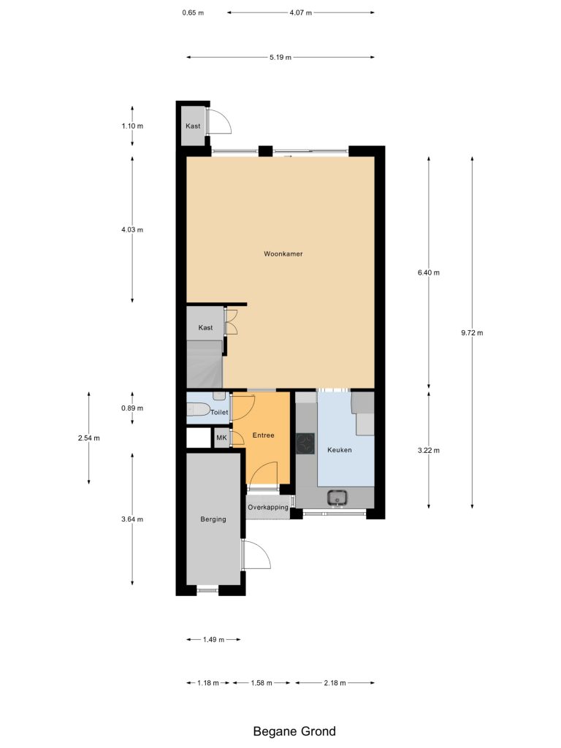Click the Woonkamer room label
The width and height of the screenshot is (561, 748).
pyautogui.click(x=283, y=253)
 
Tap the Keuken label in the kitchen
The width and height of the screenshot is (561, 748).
pyautogui.click(x=339, y=450)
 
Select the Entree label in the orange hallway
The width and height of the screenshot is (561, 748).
pyautogui.click(x=263, y=435)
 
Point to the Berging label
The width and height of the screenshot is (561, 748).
pyautogui.click(x=213, y=519)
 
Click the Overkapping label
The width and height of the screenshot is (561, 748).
pyautogui.click(x=268, y=507)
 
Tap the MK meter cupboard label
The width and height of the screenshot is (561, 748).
pyautogui.click(x=221, y=438)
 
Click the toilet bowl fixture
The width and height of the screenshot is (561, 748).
pyautogui.click(x=198, y=409)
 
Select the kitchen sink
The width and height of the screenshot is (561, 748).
pyautogui.click(x=337, y=498)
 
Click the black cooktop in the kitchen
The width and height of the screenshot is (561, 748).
pyautogui.click(x=305, y=443)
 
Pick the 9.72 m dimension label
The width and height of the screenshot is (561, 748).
pyautogui.click(x=472, y=333)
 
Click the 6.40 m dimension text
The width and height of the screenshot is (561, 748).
pyautogui.click(x=428, y=273)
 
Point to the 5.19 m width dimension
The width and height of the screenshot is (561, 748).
pyautogui.click(x=280, y=57)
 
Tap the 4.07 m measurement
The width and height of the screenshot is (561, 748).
pyautogui.click(x=300, y=13)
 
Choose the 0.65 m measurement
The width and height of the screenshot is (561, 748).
pyautogui.click(x=193, y=13)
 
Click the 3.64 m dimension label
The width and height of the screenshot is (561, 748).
pyautogui.click(x=132, y=519)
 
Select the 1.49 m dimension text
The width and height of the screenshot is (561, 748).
pyautogui.click(x=213, y=640)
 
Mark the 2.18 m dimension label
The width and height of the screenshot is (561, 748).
pyautogui.click(x=335, y=683)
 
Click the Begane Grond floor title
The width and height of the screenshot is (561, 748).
pyautogui.click(x=294, y=731)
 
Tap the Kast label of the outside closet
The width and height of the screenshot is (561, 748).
pyautogui.click(x=193, y=126)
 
